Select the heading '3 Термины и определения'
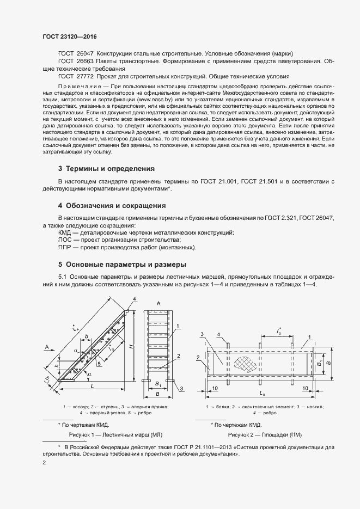click(106, 169)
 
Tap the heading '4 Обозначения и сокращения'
click(112, 206)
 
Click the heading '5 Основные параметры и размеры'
click(122, 265)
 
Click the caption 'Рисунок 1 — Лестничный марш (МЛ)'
click(115, 435)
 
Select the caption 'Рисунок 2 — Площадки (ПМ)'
click(264, 435)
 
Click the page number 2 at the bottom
click(44, 462)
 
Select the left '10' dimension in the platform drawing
click(216, 388)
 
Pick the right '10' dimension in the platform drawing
click(306, 388)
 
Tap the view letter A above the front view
click(158, 303)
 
